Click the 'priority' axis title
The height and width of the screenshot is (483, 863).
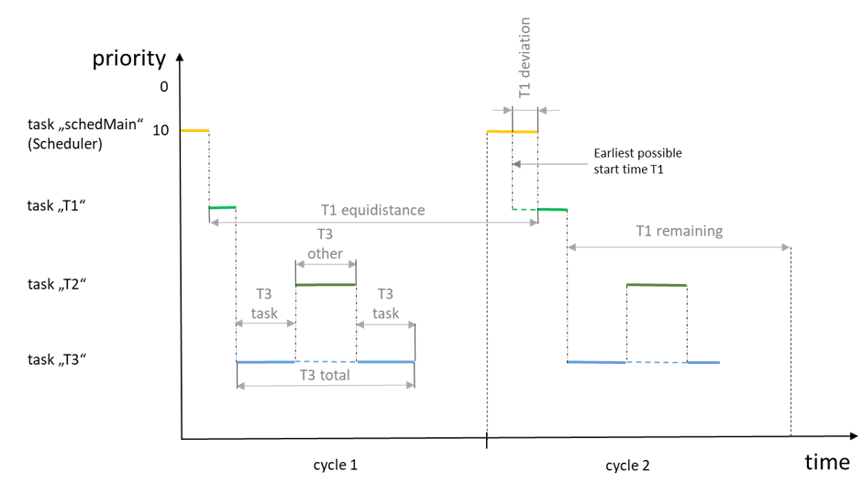pos(128,59)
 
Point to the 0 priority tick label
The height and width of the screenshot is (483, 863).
pos(163,88)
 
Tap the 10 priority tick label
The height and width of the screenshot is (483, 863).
pos(160,130)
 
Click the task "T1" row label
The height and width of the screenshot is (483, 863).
pos(58,206)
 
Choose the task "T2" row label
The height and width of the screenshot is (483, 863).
pos(58,284)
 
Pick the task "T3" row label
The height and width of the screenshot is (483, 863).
pos(58,360)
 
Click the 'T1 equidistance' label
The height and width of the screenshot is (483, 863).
pos(372,210)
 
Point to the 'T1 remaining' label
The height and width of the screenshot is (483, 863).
pos(679,231)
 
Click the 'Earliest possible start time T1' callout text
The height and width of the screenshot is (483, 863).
pos(637,160)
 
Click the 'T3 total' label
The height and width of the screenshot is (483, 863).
pos(325,374)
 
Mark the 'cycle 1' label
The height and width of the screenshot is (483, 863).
pos(335,465)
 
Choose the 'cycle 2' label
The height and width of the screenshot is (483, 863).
pos(627,465)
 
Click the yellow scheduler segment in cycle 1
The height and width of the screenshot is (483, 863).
pos(194,131)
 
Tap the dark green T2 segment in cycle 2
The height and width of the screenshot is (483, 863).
pos(657,285)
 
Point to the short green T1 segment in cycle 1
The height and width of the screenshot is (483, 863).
pos(222,208)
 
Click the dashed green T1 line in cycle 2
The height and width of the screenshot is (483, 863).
pos(525,210)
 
